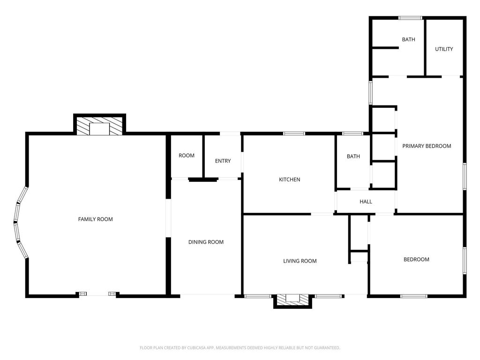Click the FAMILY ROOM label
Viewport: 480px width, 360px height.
click(x=96, y=219)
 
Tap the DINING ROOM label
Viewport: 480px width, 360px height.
click(x=206, y=242)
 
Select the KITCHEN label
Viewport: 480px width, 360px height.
click(x=290, y=180)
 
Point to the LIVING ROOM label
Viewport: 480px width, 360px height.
click(x=300, y=261)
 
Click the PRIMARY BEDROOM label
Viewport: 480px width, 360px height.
click(x=427, y=146)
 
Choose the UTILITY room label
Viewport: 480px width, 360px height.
click(x=444, y=49)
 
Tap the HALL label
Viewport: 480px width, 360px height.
click(x=366, y=202)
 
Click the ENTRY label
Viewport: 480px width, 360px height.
click(x=223, y=161)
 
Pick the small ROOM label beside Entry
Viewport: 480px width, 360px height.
click(x=187, y=156)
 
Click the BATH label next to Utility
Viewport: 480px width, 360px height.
click(x=409, y=39)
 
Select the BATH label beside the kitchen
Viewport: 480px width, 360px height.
click(x=353, y=157)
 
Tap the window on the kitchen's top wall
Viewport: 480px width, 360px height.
click(x=294, y=134)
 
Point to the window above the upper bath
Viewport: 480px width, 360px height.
click(x=411, y=18)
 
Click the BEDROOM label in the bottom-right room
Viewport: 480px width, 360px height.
click(x=416, y=260)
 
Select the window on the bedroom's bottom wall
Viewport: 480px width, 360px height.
click(x=414, y=296)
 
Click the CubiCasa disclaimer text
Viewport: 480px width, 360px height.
click(x=240, y=348)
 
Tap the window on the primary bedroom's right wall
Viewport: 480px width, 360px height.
click(x=465, y=177)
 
